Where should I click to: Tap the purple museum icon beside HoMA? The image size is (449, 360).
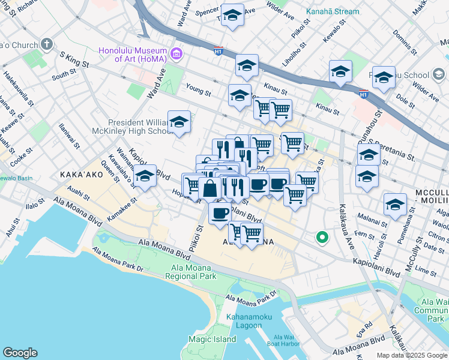(x=176, y=55)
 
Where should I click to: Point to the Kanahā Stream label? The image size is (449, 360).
(x=333, y=11)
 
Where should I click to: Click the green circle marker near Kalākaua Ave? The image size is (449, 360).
(x=322, y=238)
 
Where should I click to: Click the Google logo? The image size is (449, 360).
(x=20, y=353)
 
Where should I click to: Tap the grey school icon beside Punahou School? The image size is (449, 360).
(x=439, y=75)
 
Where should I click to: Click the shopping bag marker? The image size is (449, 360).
(x=210, y=188)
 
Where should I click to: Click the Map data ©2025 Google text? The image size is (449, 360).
(x=411, y=355)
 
